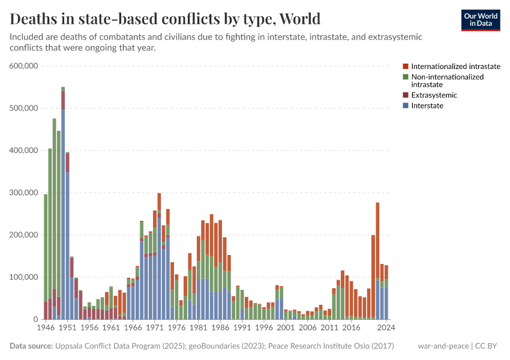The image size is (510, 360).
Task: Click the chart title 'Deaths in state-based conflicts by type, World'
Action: pyautogui.click(x=165, y=18)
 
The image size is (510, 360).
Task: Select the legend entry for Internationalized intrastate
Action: pyautogui.click(x=455, y=66)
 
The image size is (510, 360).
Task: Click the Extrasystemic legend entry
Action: pyautogui.click(x=434, y=95)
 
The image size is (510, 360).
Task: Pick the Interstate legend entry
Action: pyautogui.click(x=427, y=106)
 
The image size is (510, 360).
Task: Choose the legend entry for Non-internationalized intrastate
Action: pyautogui.click(x=447, y=80)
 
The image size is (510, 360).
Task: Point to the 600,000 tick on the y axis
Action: pyautogui.click(x=24, y=66)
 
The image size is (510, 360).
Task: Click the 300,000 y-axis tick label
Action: pyautogui.click(x=24, y=193)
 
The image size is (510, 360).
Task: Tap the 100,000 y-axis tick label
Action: pyautogui.click(x=24, y=277)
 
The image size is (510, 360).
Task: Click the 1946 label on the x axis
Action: pyautogui.click(x=46, y=328)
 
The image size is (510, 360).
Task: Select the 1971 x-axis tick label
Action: pyautogui.click(x=155, y=328)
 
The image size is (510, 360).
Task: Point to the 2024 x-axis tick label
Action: pyautogui.click(x=386, y=328)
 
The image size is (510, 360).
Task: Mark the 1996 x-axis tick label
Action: pyautogui.click(x=264, y=328)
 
